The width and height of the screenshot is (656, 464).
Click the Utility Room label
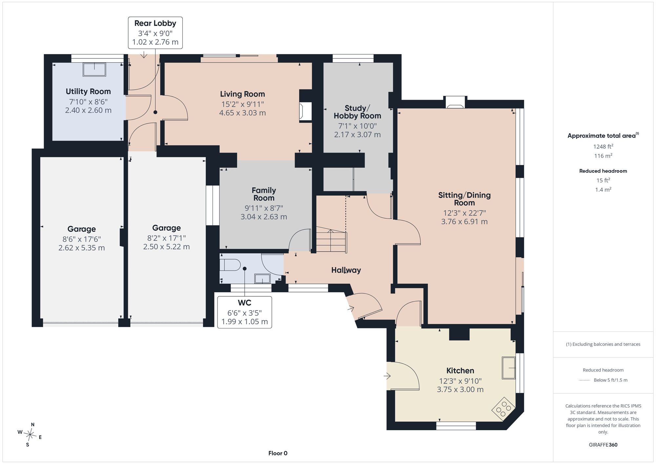click(88, 91)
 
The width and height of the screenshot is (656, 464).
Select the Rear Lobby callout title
click(155, 23)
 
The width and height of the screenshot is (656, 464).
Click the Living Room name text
click(242, 94)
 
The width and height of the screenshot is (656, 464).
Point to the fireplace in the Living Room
click(305, 112)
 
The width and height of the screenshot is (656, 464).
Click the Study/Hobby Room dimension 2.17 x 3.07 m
click(358, 135)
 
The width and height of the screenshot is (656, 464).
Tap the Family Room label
click(264, 194)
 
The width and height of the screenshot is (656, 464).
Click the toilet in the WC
click(230, 264)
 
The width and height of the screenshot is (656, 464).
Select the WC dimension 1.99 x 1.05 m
click(245, 322)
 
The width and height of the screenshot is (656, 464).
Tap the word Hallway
click(346, 270)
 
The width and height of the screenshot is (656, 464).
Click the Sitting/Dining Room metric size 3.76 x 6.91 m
click(464, 221)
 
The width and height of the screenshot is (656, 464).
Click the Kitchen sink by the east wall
click(509, 368)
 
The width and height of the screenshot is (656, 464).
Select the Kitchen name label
click(460, 370)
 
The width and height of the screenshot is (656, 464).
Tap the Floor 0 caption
click(278, 453)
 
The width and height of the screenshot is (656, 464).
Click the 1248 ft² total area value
click(603, 146)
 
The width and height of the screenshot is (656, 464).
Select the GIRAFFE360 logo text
click(603, 445)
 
